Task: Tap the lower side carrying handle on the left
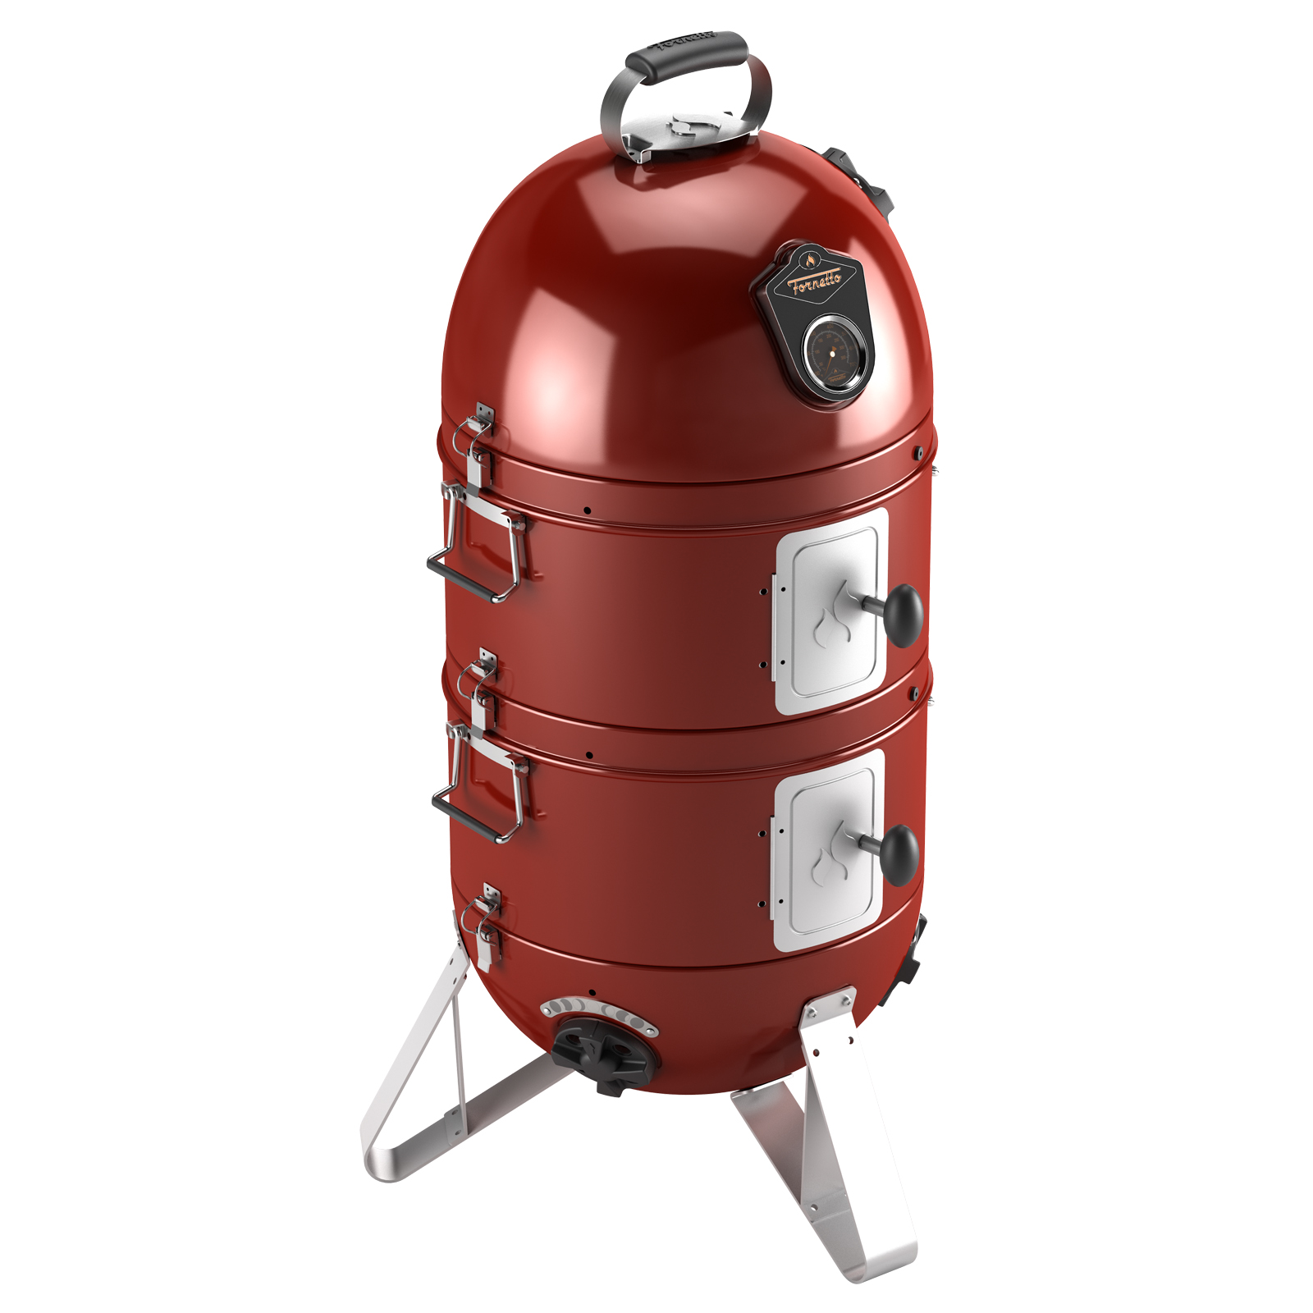tap(480, 785)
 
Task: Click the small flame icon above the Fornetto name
tap(807, 261)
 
